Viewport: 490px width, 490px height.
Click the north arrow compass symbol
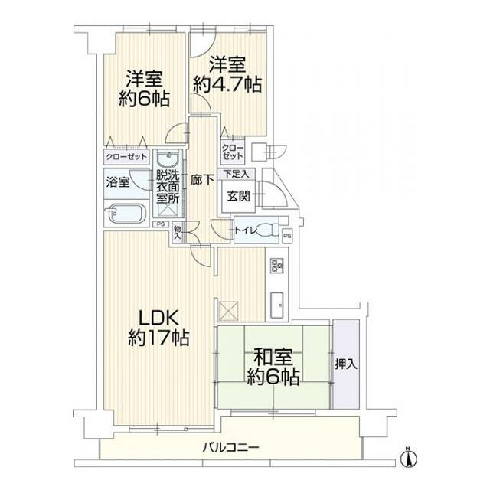click(408, 458)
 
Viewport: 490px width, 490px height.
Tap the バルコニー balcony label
click(231, 448)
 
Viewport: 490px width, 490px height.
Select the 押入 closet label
click(346, 364)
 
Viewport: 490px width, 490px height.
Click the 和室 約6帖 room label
click(273, 367)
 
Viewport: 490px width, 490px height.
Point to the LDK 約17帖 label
click(158, 327)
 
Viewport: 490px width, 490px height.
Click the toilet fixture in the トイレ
click(269, 230)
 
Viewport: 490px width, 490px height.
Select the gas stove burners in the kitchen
click(277, 265)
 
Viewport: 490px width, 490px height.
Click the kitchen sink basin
click(277, 305)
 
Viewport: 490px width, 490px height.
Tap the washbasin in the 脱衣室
click(168, 159)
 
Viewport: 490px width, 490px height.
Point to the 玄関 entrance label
click(238, 196)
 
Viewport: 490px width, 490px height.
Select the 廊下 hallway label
click(202, 180)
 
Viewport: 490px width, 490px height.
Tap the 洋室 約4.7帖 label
click(227, 74)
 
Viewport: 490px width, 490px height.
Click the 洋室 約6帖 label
click(145, 89)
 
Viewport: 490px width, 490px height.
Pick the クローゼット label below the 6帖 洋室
click(126, 156)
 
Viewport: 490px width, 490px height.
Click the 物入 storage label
click(178, 233)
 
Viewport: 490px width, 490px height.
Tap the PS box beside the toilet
click(287, 236)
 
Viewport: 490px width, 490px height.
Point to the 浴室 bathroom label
click(118, 181)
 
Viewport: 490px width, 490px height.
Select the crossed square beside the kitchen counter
click(228, 311)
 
